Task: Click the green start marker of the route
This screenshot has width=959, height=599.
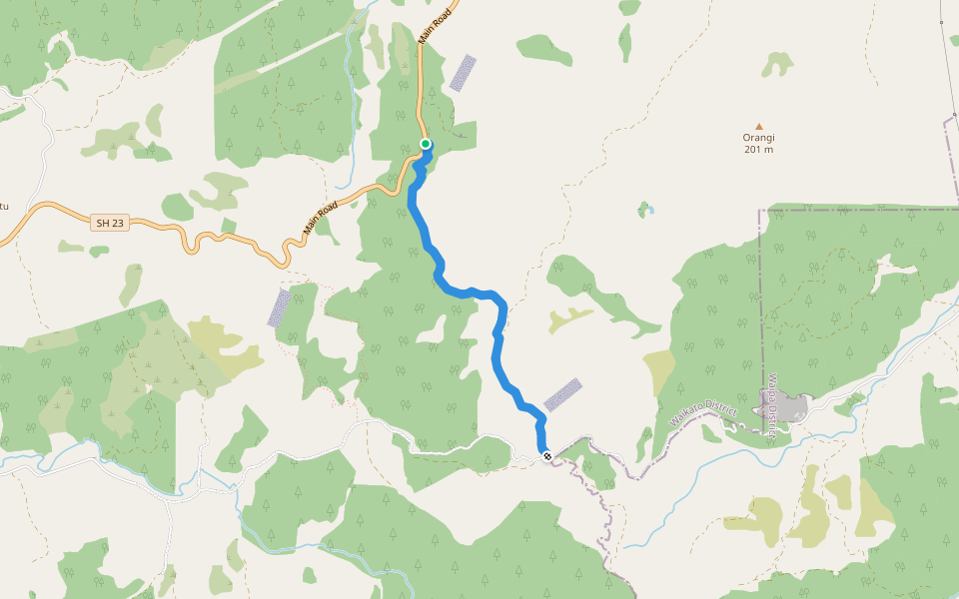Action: tap(426, 145)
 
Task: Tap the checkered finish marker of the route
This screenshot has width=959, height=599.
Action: tap(546, 456)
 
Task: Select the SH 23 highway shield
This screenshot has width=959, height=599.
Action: tap(111, 224)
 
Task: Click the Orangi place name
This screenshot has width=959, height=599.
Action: tap(759, 138)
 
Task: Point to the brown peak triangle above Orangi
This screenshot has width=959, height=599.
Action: tap(759, 126)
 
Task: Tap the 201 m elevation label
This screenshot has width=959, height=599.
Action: tap(759, 150)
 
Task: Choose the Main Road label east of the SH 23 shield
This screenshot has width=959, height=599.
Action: tap(321, 217)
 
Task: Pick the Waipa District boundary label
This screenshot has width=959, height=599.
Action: tap(771, 405)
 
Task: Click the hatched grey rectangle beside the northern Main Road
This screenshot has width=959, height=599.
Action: tap(462, 73)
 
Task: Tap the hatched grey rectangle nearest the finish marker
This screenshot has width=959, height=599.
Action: tap(562, 394)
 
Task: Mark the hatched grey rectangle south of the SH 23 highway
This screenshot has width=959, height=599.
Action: tap(279, 307)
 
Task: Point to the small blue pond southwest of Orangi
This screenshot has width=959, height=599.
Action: tap(647, 210)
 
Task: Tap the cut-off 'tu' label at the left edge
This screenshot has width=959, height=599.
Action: tap(3, 207)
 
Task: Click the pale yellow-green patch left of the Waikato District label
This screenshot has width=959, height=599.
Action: tap(660, 372)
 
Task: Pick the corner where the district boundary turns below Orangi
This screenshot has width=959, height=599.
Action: tap(759, 211)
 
